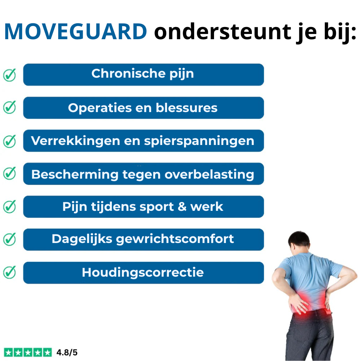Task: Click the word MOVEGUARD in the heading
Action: tap(76, 32)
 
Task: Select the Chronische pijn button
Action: tap(143, 74)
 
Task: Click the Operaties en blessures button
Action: tap(143, 108)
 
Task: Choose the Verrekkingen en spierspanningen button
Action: tap(143, 141)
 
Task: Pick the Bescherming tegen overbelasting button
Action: tap(143, 174)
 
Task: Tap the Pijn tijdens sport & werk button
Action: tap(143, 207)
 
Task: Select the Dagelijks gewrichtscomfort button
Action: tap(143, 239)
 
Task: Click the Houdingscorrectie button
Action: tap(143, 273)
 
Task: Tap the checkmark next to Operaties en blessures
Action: tap(10, 108)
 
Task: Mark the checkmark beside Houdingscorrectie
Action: tap(10, 273)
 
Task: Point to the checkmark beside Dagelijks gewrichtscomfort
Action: tap(10, 239)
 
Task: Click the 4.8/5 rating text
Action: tap(67, 352)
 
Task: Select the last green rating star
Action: tap(48, 352)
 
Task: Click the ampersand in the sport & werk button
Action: tap(182, 207)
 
